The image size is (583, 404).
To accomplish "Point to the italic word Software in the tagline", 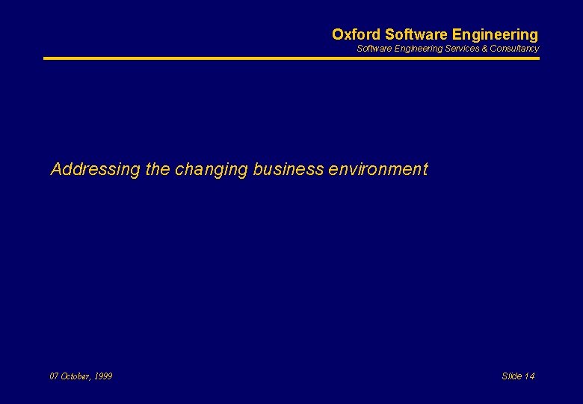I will (x=373, y=49).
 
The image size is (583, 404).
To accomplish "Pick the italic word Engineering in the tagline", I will (x=415, y=49).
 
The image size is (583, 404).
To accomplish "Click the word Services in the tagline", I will (x=460, y=49).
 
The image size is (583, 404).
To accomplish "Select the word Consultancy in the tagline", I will (x=514, y=49).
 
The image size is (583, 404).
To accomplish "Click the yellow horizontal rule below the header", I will (x=291, y=58).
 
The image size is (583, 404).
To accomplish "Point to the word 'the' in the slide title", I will (x=158, y=170).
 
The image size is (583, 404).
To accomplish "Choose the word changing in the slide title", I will (x=212, y=170).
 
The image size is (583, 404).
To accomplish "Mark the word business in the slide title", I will (x=288, y=170).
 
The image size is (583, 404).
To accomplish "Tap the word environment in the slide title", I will (x=377, y=170).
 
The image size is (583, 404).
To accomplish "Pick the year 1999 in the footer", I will (x=103, y=376).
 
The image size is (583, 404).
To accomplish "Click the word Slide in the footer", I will (x=512, y=376).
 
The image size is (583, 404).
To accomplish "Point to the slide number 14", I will (x=530, y=376).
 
